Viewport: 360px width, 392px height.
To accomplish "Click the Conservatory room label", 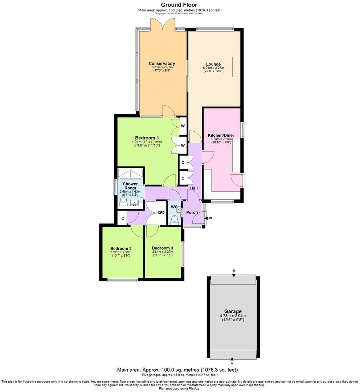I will point(161,64).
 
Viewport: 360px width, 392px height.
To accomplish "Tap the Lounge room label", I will point(213,64).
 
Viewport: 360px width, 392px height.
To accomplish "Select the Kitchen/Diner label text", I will point(221,135).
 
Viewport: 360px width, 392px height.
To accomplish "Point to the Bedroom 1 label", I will point(147,138).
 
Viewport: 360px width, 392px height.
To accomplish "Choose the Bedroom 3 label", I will point(162,248).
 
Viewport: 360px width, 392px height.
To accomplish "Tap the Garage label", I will point(233,311).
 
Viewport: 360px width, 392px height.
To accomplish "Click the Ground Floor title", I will point(180,5).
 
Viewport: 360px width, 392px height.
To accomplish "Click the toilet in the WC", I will point(175,219).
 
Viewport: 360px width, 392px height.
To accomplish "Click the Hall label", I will point(194,188).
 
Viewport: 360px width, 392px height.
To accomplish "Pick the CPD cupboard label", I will point(161,213).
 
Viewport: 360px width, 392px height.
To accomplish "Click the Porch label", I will point(192,212).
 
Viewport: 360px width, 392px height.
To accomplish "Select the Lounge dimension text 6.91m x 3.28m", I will point(213,68).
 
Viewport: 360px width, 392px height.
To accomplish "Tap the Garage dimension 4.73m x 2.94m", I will point(233,316).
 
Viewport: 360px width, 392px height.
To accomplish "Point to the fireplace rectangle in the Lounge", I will point(236,67).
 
